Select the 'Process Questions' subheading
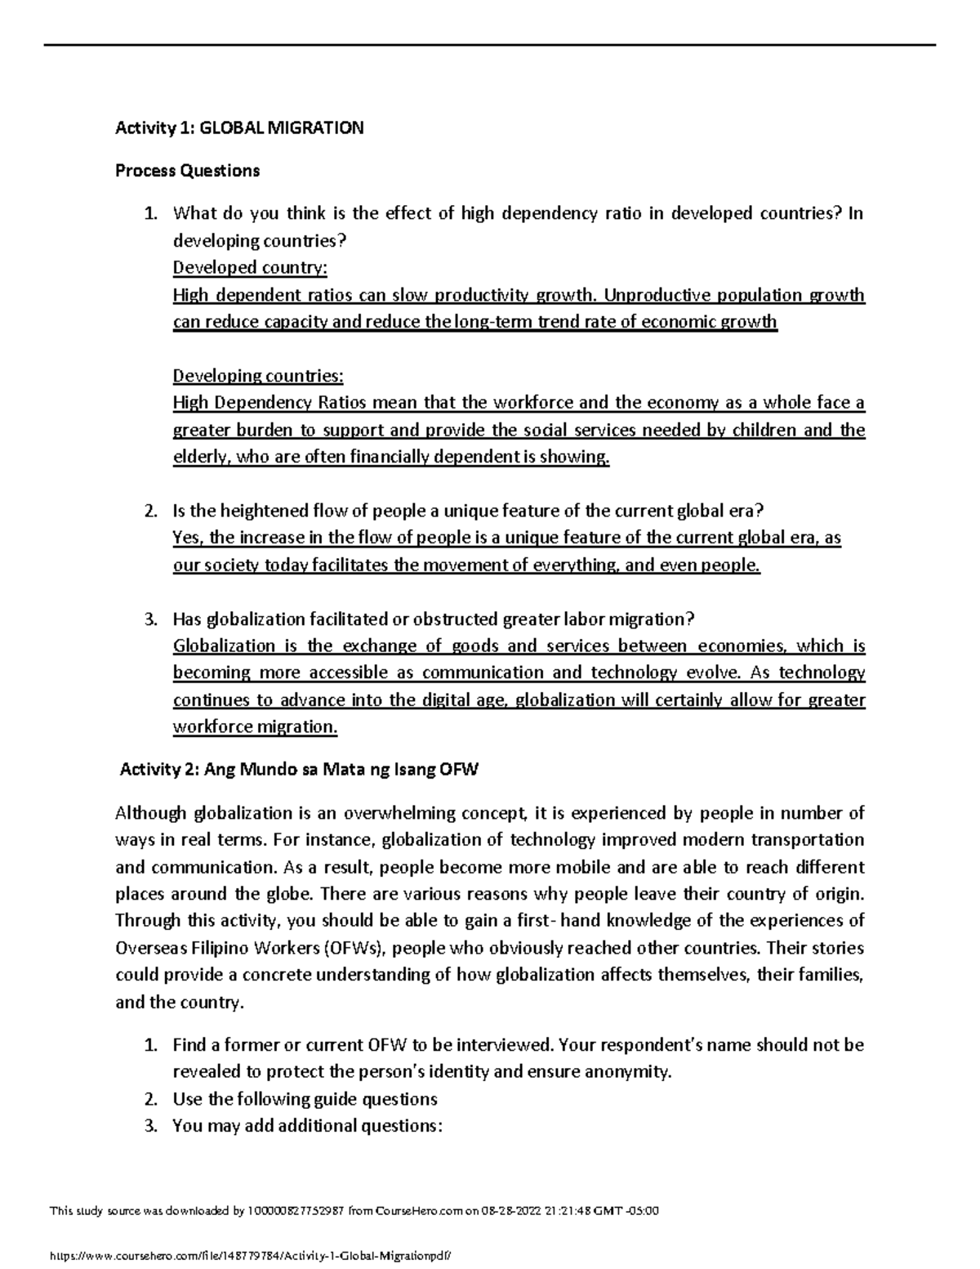pos(187,170)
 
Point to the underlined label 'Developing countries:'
pos(258,375)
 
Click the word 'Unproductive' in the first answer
pos(653,294)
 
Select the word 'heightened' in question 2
pos(270,511)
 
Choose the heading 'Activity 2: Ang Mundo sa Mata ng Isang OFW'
pos(299,769)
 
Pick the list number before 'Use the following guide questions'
pos(149,1098)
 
